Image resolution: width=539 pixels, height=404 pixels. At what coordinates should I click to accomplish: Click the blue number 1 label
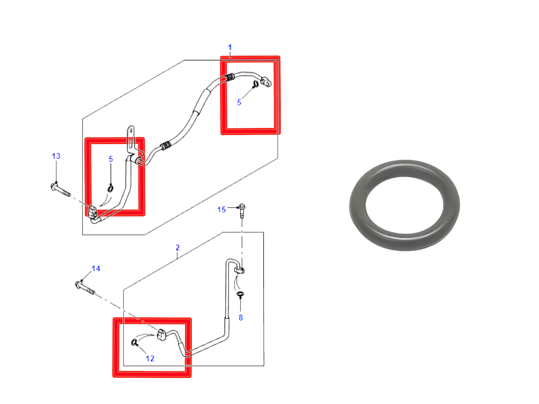(x=230, y=47)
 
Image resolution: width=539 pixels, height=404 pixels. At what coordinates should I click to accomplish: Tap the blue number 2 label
(x=177, y=247)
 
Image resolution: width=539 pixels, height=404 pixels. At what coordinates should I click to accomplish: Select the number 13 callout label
(x=56, y=156)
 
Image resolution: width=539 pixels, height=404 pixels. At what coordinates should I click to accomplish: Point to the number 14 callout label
(x=96, y=268)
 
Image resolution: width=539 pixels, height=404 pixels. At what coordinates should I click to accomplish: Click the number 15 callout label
(x=221, y=210)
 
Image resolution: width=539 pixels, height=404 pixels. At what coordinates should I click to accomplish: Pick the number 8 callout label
(x=241, y=318)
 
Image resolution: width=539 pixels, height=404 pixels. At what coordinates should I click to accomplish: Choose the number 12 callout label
(x=150, y=359)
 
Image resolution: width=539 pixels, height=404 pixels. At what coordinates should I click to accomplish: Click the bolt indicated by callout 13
(x=60, y=190)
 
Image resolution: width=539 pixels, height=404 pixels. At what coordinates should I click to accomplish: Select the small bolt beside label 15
(x=242, y=211)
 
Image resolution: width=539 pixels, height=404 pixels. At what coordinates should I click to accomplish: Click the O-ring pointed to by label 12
(x=134, y=342)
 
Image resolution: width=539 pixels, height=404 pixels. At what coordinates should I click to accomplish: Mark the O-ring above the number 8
(x=240, y=294)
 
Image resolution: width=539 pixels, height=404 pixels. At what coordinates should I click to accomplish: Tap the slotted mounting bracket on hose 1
(x=131, y=142)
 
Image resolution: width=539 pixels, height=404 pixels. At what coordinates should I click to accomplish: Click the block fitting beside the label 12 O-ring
(x=161, y=334)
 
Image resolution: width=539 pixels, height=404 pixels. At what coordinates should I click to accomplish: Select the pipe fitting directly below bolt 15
(x=239, y=270)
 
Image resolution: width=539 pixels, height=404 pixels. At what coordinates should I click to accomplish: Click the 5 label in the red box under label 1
(x=239, y=102)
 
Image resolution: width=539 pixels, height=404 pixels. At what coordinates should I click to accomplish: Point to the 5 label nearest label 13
(x=111, y=159)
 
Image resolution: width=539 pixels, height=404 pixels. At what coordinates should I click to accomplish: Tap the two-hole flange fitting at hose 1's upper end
(x=266, y=82)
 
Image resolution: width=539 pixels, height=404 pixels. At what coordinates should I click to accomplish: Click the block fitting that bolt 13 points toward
(x=93, y=212)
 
